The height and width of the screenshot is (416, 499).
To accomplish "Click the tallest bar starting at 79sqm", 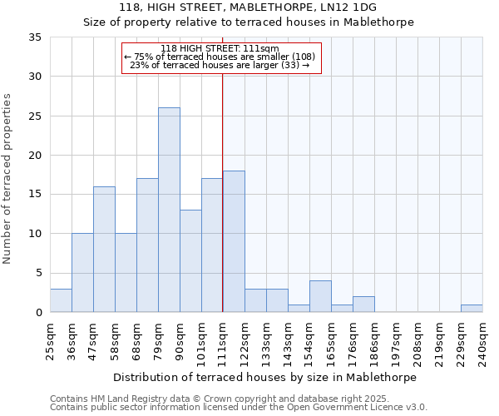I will (169, 210).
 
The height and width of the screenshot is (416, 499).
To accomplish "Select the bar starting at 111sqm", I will (234, 241).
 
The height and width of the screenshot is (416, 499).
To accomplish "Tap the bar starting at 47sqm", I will (104, 250).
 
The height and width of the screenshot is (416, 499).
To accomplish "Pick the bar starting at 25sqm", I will (61, 300).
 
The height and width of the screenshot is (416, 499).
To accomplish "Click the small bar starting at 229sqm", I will (472, 309).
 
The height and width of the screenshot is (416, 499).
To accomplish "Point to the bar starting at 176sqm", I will (363, 305).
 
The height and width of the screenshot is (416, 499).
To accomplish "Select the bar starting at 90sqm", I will (190, 261).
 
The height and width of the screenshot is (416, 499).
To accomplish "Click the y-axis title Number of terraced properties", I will (7, 179).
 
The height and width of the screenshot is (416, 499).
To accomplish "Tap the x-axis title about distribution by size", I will (264, 378).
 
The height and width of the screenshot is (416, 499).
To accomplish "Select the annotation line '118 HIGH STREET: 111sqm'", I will (221, 48).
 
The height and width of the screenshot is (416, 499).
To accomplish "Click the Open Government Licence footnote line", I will (239, 407).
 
